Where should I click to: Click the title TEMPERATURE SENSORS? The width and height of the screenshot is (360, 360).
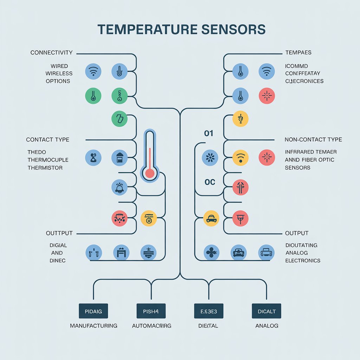pos(181,30)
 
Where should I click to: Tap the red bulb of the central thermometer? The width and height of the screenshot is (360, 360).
pos(150,173)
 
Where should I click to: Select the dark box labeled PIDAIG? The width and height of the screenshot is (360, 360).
pos(94,311)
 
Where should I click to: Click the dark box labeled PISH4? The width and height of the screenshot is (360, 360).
pos(151,311)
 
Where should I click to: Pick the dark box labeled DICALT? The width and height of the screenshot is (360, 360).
pos(266,311)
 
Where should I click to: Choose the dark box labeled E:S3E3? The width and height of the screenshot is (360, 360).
pos(209,311)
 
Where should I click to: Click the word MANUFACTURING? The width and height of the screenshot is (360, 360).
pos(94,326)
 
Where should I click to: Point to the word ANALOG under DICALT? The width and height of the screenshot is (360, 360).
pos(266,326)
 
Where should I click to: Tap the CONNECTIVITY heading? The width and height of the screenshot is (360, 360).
pos(51,53)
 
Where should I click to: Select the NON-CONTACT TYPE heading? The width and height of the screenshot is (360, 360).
pos(313,140)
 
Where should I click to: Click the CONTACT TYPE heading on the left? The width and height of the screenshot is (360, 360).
pos(47,140)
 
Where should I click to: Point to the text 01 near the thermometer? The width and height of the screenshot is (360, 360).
pos(209,134)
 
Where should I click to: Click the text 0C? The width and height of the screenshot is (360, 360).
pos(210,182)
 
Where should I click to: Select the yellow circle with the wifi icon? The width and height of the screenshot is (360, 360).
pos(240,157)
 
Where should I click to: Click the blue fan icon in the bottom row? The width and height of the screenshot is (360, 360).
pos(212,252)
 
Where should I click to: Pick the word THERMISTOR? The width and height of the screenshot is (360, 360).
pos(45,168)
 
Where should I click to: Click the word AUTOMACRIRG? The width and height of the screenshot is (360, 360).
pos(152,326)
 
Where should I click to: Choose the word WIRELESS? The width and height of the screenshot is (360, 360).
pos(59,73)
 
